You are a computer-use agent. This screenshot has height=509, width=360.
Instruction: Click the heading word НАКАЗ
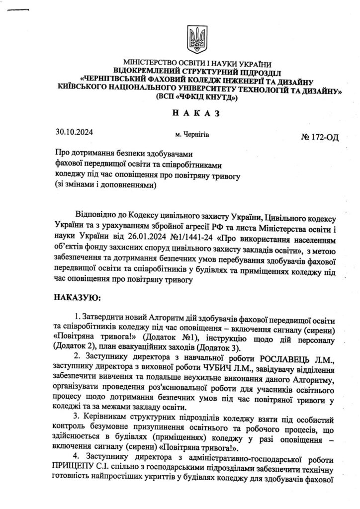[x=195, y=114]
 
